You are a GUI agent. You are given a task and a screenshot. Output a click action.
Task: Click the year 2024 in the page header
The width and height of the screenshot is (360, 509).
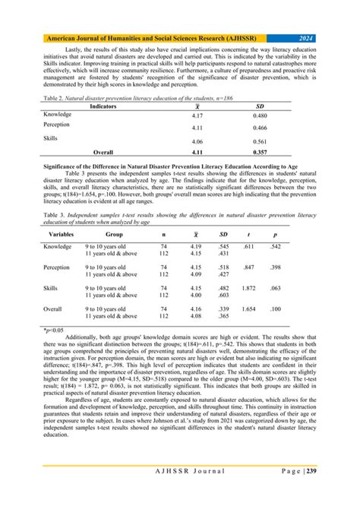[x=306, y=36]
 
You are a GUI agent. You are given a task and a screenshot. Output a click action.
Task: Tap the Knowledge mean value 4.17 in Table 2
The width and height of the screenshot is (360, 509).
[x=196, y=115]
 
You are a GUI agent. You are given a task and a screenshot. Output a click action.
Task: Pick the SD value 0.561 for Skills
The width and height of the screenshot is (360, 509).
[x=282, y=141]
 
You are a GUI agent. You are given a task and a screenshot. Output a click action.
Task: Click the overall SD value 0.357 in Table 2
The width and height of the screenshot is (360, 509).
[x=282, y=152]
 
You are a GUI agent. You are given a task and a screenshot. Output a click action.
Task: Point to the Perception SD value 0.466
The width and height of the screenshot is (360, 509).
[x=282, y=128]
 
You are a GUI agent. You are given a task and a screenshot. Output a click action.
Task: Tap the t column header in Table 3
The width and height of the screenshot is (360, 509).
[x=267, y=235]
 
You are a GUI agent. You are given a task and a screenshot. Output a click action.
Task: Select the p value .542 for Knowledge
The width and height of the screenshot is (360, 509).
[x=298, y=247]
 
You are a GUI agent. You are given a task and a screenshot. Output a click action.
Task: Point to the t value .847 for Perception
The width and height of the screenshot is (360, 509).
[x=267, y=267]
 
